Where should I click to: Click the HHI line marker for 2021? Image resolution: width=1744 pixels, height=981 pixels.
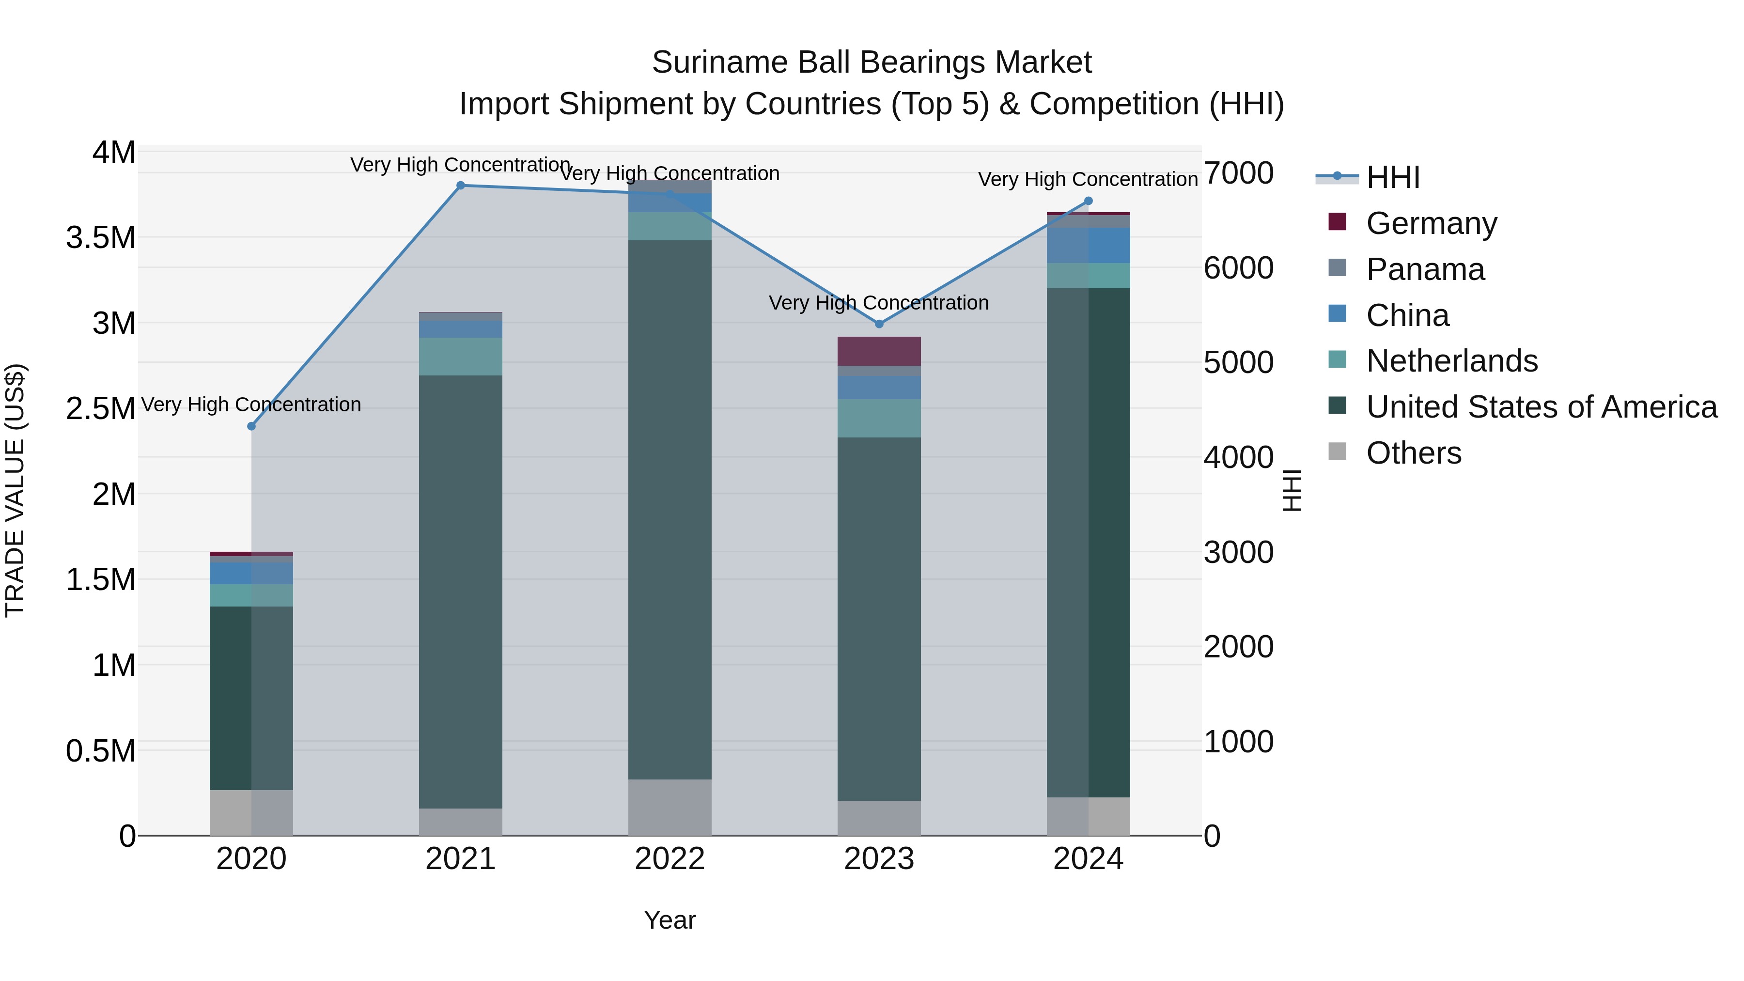tap(460, 186)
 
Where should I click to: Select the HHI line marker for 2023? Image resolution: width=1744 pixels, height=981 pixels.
tap(879, 324)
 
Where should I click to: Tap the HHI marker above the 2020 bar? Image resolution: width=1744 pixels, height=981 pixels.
tap(251, 426)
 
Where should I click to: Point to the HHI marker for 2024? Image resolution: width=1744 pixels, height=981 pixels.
tap(1088, 201)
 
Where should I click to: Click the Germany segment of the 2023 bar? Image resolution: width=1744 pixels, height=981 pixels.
tap(879, 351)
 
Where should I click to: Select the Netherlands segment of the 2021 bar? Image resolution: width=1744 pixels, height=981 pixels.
tap(460, 357)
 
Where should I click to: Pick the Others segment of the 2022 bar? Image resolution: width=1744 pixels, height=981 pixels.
tap(670, 807)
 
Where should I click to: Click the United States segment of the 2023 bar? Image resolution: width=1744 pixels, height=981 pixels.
tap(879, 619)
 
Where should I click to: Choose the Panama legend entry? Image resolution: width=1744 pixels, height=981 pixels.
tap(1425, 269)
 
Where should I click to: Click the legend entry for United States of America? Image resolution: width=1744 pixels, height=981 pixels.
tap(1542, 407)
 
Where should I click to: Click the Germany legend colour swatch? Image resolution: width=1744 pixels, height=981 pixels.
tap(1337, 222)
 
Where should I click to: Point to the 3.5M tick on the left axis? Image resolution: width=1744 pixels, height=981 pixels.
tap(101, 238)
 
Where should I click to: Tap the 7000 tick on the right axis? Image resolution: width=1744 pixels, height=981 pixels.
tap(1238, 173)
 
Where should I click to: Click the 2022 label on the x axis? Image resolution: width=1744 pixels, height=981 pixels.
tap(670, 859)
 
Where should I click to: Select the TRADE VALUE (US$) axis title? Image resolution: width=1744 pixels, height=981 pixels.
tap(15, 490)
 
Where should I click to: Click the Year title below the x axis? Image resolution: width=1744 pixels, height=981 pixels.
tap(670, 920)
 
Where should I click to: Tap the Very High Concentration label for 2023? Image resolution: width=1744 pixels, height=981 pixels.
tap(879, 303)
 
